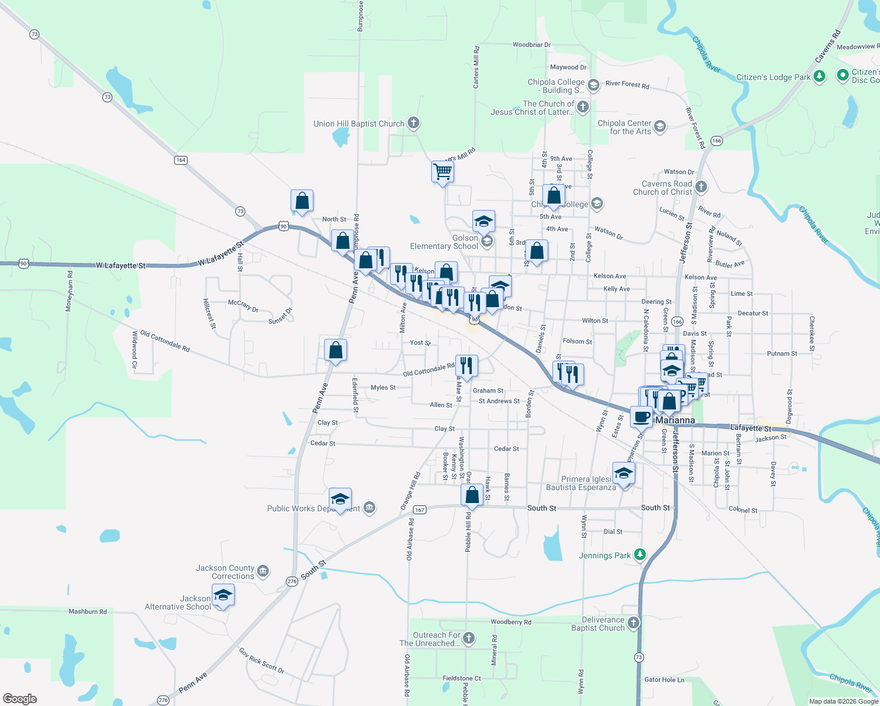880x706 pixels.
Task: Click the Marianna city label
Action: pyautogui.click(x=675, y=421)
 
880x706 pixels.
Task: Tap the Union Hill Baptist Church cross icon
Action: pyautogui.click(x=414, y=123)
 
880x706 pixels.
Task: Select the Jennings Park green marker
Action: pyautogui.click(x=640, y=555)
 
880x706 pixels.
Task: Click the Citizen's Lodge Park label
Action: pyautogui.click(x=774, y=77)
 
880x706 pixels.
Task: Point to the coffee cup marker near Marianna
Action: pyautogui.click(x=641, y=417)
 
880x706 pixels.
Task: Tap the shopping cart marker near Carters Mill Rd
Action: pyautogui.click(x=442, y=172)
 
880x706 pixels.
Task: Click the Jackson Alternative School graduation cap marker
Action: pyautogui.click(x=223, y=596)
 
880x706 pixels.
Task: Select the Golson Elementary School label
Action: pyautogui.click(x=444, y=242)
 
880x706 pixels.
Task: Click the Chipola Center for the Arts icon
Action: pyautogui.click(x=660, y=126)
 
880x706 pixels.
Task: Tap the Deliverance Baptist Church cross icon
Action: pyautogui.click(x=634, y=623)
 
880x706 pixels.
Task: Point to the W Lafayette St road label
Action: pyautogui.click(x=121, y=265)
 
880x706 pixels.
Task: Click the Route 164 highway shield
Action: pyautogui.click(x=181, y=160)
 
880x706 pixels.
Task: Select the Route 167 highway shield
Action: pyautogui.click(x=419, y=509)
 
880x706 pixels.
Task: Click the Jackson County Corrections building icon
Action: pyautogui.click(x=263, y=571)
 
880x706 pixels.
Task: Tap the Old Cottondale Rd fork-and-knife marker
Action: pyautogui.click(x=466, y=366)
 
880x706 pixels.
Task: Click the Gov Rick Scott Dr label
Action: pyautogui.click(x=262, y=661)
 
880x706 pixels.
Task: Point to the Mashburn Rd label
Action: pyautogui.click(x=88, y=612)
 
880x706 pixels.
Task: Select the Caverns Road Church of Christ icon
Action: pyautogui.click(x=701, y=187)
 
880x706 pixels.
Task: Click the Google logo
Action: pyautogui.click(x=20, y=698)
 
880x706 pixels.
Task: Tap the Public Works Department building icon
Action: pyautogui.click(x=369, y=508)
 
